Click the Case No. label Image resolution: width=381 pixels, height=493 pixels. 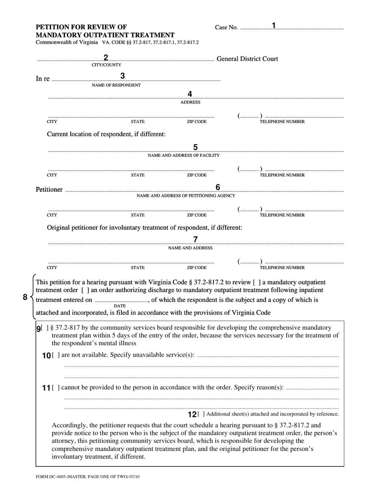(x=226, y=28)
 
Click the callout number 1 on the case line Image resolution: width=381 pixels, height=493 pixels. (x=274, y=26)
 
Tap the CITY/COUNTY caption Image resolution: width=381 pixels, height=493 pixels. (x=106, y=65)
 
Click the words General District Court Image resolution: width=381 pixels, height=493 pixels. (x=247, y=59)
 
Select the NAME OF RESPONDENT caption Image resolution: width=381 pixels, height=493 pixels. (x=116, y=85)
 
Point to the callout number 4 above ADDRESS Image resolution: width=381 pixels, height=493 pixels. (x=190, y=94)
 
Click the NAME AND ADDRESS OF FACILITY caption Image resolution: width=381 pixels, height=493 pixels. (x=184, y=156)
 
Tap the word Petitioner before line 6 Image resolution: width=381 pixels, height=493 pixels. (x=49, y=190)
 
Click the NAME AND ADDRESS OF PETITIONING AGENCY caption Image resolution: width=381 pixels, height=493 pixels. (x=186, y=196)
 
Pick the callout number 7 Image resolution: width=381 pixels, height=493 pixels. (x=195, y=239)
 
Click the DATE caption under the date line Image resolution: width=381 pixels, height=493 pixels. (x=120, y=306)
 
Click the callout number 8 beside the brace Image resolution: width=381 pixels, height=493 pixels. (x=25, y=297)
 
